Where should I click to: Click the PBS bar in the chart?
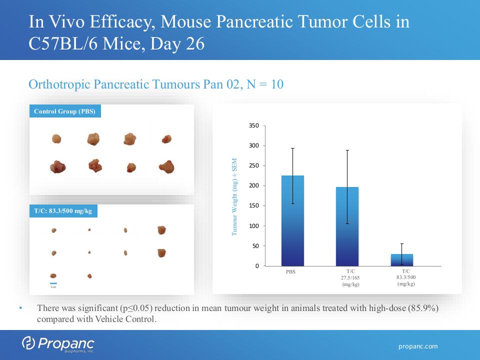click(292, 225)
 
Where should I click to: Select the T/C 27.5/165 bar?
click(347, 230)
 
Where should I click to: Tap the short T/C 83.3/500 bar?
click(402, 260)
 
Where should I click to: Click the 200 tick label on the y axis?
click(254, 186)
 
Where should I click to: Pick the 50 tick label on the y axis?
click(256, 246)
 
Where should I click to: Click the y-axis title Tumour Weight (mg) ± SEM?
click(234, 197)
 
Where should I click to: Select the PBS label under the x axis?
click(290, 272)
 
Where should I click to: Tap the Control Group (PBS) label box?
click(64, 111)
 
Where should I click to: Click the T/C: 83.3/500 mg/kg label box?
click(63, 211)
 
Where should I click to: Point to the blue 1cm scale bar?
click(53, 282)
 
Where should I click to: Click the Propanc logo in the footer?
click(58, 344)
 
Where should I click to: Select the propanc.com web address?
click(418, 346)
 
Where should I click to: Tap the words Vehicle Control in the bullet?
click(128, 319)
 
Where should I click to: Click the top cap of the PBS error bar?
click(292, 148)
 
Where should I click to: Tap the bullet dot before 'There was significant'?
click(20, 308)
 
